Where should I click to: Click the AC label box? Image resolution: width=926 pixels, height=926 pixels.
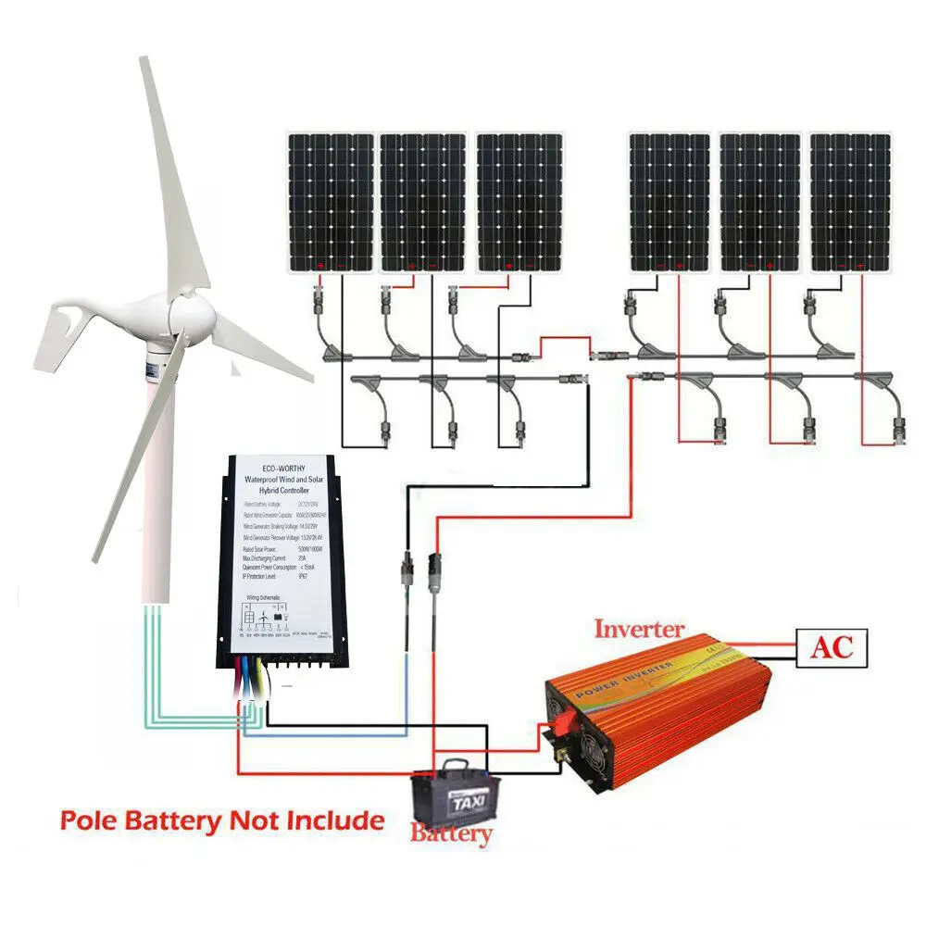(831, 647)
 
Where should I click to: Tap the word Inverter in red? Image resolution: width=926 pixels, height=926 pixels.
(639, 630)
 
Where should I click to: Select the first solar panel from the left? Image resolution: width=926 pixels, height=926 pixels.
(330, 202)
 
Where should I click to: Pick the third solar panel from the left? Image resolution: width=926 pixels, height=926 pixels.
(519, 202)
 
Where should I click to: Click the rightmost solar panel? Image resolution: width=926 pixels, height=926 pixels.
(850, 202)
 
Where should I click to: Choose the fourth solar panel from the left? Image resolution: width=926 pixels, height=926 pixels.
(669, 202)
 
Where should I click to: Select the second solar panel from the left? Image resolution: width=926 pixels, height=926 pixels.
(423, 202)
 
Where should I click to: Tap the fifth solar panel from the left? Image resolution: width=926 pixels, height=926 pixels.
(760, 202)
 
